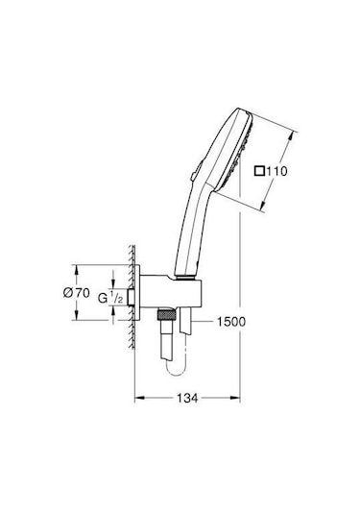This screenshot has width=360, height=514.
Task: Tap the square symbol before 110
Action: pos(258,173)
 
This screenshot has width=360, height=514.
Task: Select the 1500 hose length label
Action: pos(233,320)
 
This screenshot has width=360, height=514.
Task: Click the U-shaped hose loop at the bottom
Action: pos(177,364)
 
